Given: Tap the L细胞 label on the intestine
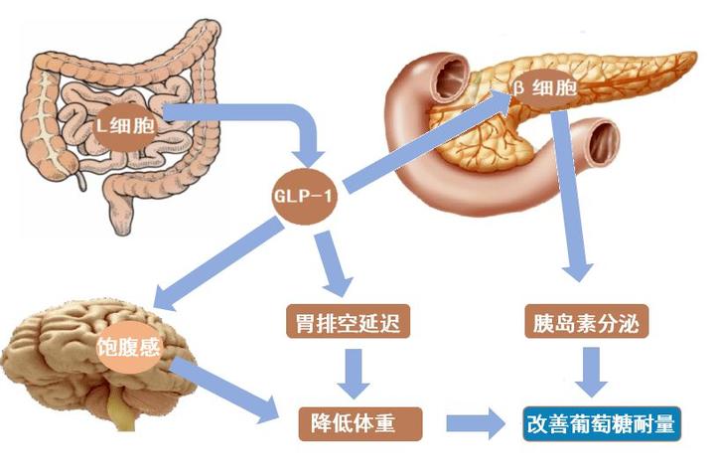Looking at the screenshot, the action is click(x=126, y=125).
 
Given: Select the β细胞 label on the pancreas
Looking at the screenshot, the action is click(x=545, y=88).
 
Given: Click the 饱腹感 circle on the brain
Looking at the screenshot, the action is click(x=129, y=348).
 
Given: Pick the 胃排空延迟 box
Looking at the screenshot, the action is click(x=348, y=322).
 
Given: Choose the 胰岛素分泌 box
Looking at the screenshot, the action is click(x=587, y=322).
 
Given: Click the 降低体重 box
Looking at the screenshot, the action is click(x=360, y=424).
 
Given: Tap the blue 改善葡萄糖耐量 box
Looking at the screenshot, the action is click(x=602, y=423).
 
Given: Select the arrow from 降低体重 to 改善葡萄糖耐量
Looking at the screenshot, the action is click(x=476, y=423).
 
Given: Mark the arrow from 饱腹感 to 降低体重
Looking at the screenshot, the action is click(x=224, y=391).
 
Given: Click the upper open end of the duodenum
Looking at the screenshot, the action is click(x=453, y=77).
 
